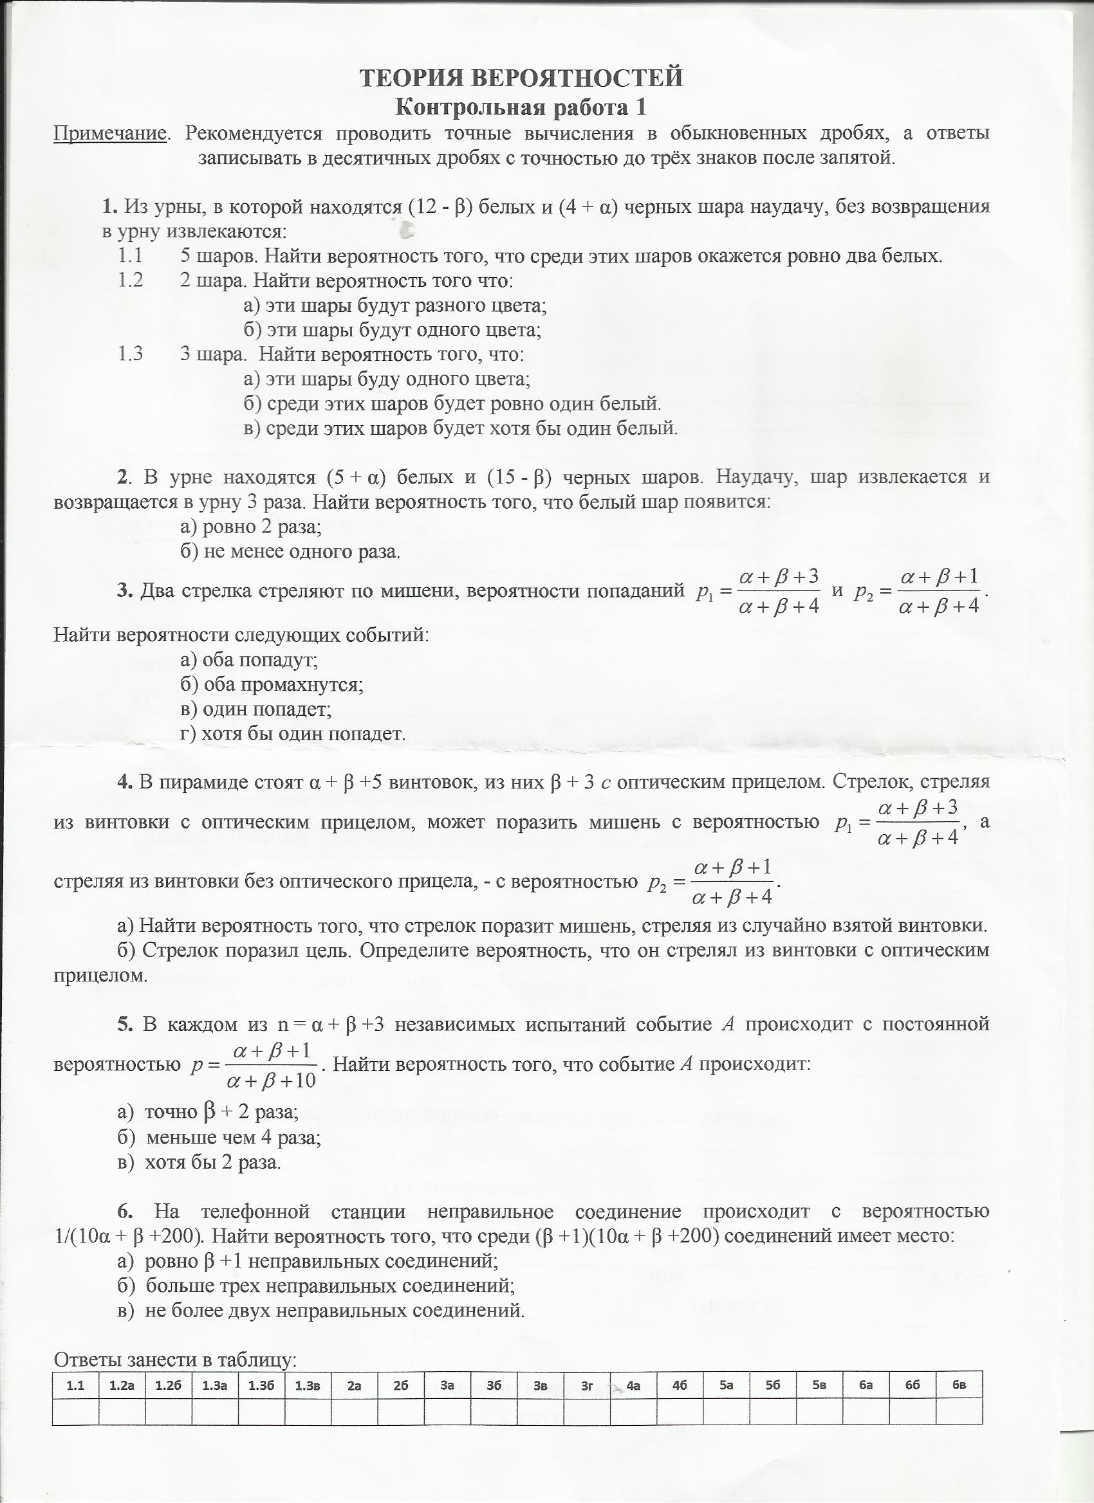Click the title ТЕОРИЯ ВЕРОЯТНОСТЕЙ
(521, 78)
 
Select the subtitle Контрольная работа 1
(521, 107)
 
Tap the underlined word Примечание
(109, 134)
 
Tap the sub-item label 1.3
(131, 354)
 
